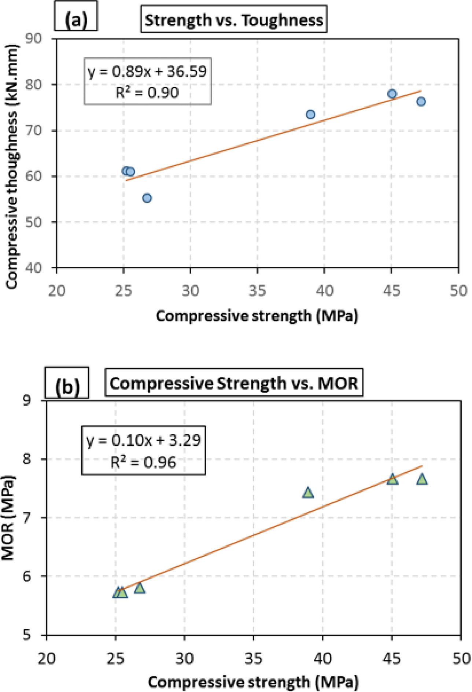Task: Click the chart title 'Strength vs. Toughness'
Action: (x=233, y=21)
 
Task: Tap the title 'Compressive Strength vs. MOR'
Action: (x=234, y=383)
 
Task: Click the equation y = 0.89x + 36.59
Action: (x=147, y=71)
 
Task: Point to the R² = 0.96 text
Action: (x=143, y=463)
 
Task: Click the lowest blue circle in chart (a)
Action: (x=147, y=198)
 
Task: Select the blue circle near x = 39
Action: (x=310, y=114)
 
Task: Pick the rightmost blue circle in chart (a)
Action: (x=421, y=102)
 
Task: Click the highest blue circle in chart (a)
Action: (x=392, y=94)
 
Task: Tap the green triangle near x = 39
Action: (x=308, y=493)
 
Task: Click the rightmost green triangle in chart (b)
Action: (x=422, y=479)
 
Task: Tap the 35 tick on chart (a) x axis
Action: (x=257, y=291)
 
